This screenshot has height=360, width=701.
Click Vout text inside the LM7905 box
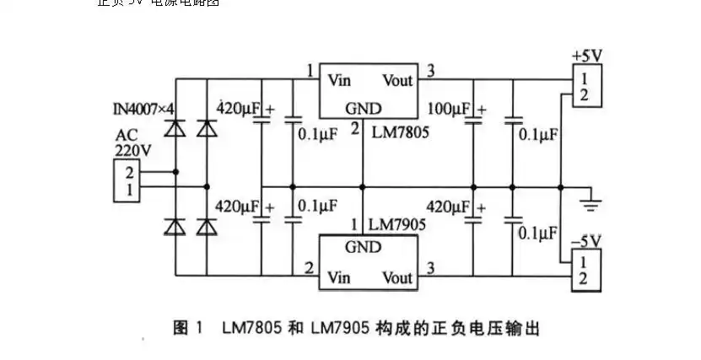pyautogui.click(x=396, y=277)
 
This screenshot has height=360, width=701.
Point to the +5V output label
pyautogui.click(x=585, y=55)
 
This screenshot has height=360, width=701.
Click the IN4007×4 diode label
pyautogui.click(x=143, y=110)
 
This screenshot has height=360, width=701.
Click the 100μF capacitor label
pyautogui.click(x=449, y=110)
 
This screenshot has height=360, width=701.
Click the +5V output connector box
pyautogui.click(x=585, y=85)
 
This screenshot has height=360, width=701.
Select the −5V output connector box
pyautogui.click(x=584, y=271)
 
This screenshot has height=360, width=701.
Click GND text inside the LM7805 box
pyautogui.click(x=363, y=109)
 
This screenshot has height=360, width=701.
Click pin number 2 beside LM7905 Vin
pyautogui.click(x=310, y=269)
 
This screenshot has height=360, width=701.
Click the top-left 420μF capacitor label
pyautogui.click(x=239, y=109)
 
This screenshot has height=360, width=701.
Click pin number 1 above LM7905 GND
pyautogui.click(x=355, y=225)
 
